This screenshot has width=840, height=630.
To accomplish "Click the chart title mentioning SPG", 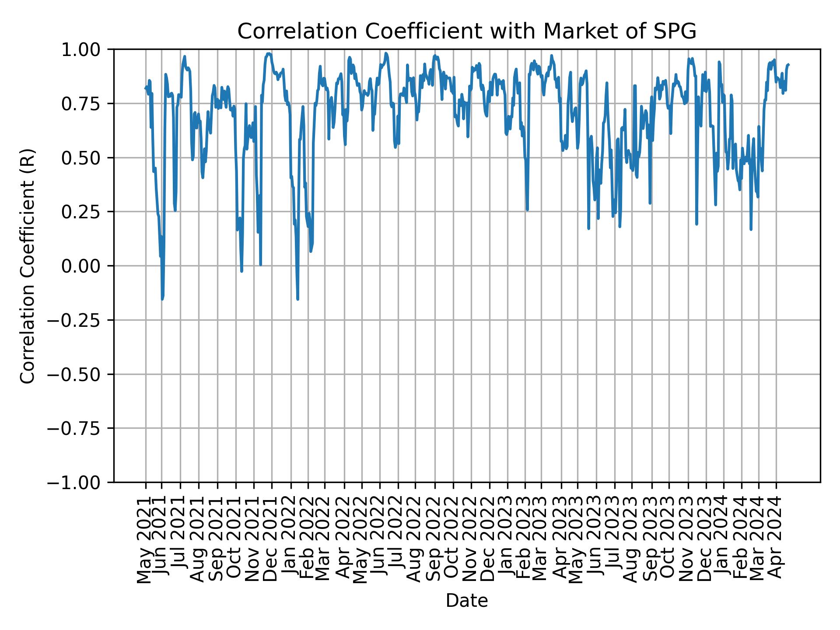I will pos(466,31).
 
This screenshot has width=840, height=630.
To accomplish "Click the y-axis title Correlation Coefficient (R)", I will pos(28,266).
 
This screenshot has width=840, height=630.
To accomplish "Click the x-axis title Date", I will pos(466,601).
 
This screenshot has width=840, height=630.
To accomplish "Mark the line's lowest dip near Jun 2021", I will pos(162,299).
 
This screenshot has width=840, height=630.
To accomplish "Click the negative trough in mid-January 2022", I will pos(297,299).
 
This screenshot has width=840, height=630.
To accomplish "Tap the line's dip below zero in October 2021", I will pos(241,271).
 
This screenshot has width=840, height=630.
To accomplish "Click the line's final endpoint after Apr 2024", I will pos(788,65).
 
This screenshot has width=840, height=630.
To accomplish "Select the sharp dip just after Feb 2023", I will pos(527,210).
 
